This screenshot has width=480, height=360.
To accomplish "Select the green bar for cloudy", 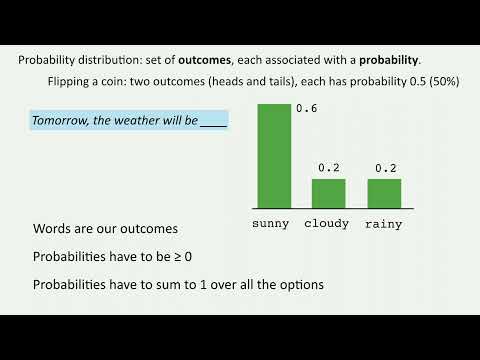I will tap(329, 193).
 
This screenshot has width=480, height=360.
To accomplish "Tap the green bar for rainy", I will tap(384, 193).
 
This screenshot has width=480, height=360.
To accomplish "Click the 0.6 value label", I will tap(306, 109).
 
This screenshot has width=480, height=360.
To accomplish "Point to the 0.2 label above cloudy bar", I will tap(329, 167).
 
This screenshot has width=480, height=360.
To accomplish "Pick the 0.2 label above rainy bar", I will tap(385, 167).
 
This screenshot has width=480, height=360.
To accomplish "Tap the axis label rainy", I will tap(384, 224).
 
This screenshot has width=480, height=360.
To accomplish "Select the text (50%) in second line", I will tap(442, 81).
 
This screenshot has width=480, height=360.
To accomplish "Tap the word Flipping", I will tap(70, 81).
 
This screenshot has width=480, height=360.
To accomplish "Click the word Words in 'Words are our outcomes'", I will tap(51, 229).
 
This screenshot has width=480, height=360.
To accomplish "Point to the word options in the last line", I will tap(302, 285).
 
